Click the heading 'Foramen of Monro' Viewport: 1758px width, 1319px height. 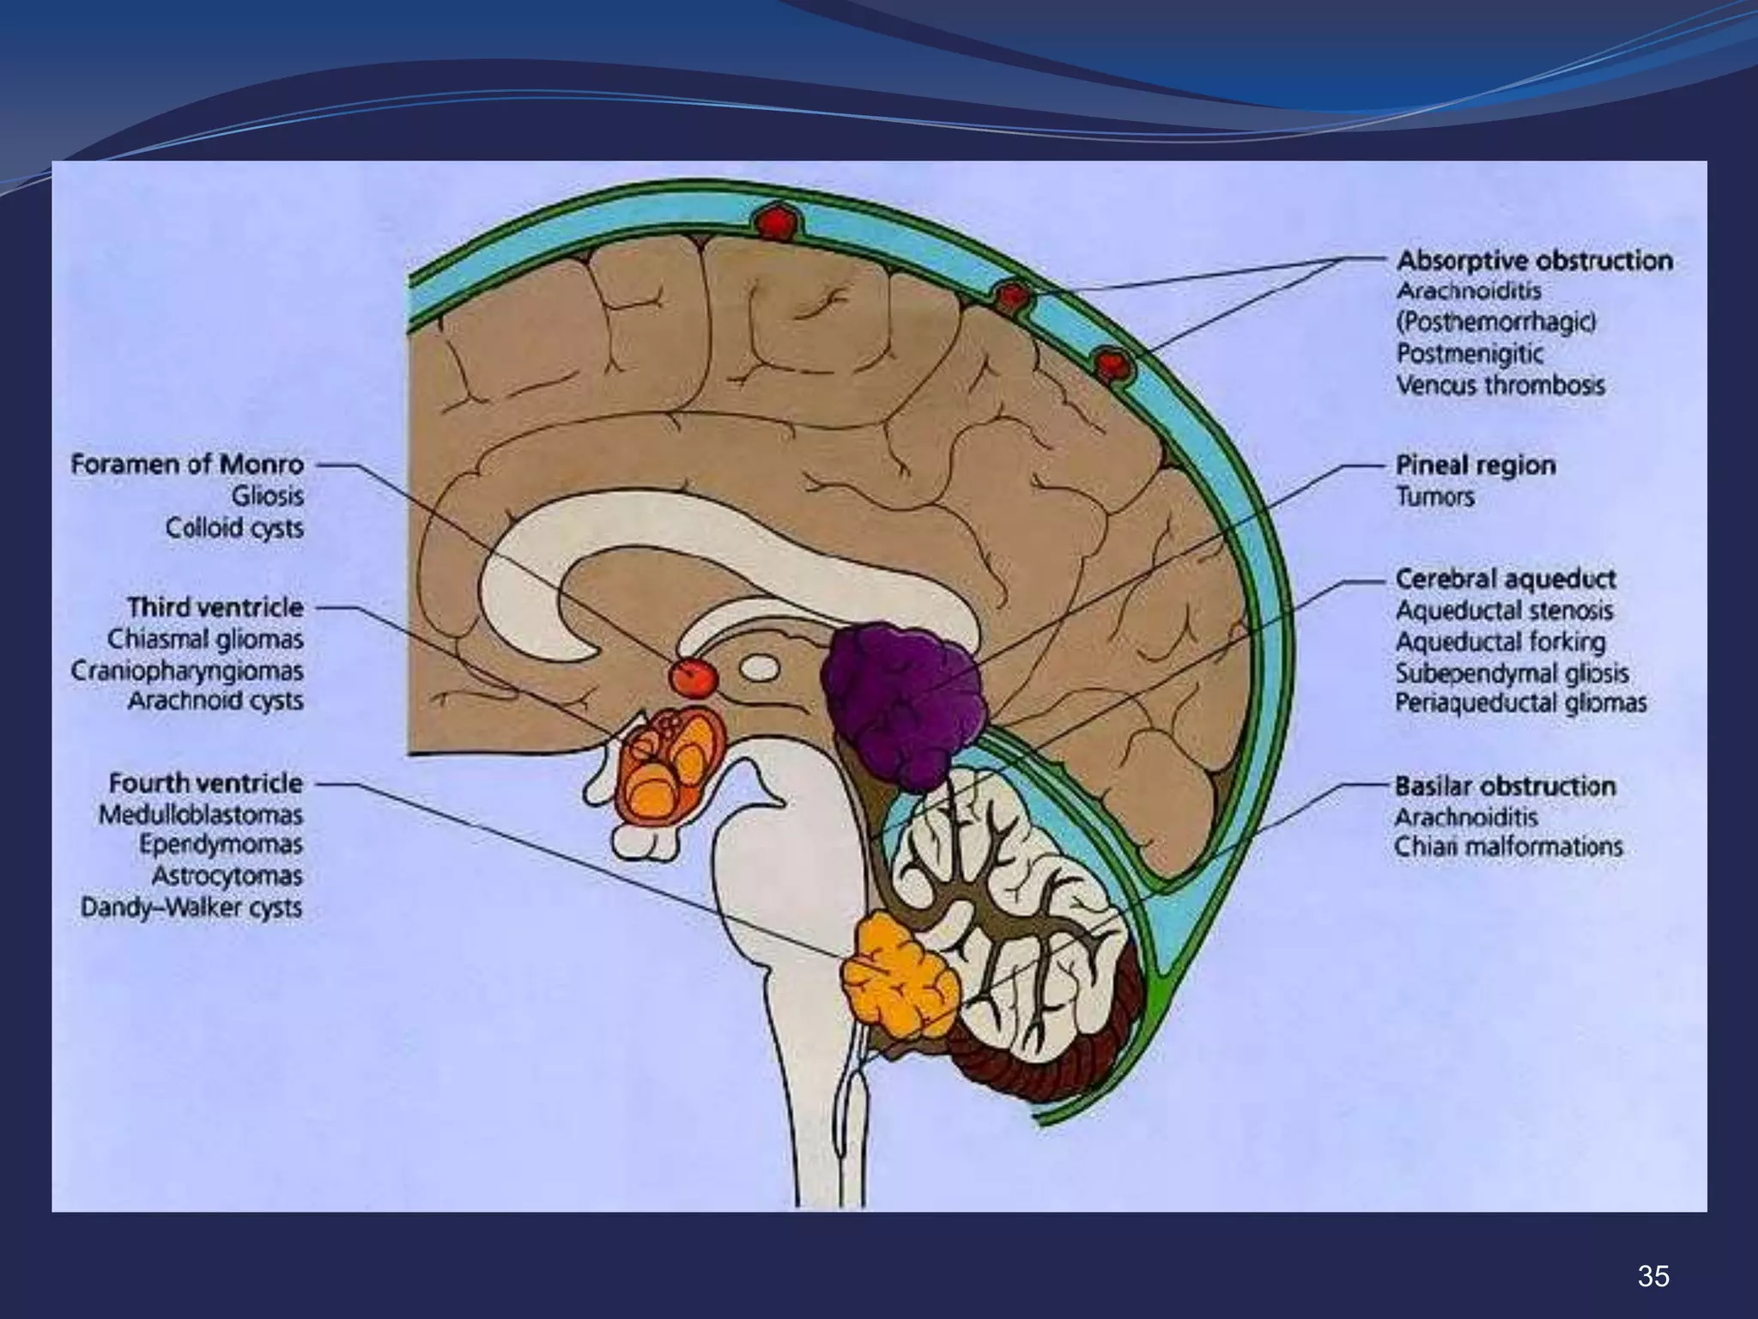point(187,465)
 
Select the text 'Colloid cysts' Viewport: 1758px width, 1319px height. point(234,527)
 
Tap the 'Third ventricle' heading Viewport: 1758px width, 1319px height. point(215,607)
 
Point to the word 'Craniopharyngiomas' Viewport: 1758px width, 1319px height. point(187,671)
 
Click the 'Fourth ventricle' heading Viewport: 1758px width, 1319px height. point(206,783)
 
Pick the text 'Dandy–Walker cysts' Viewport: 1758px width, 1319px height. point(191,908)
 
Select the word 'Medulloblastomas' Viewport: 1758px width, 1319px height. point(201,814)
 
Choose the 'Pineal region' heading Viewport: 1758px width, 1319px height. point(1476,465)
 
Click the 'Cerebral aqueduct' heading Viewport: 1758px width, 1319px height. point(1506,579)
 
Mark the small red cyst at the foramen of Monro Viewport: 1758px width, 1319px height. point(694,677)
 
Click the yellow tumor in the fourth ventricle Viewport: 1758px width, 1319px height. point(901,979)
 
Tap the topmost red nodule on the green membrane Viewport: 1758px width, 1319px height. point(773,222)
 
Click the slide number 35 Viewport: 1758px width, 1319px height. point(1653,1276)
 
